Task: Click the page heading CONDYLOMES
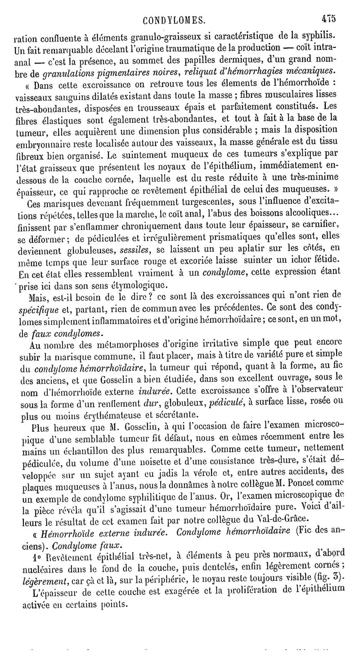pyautogui.click(x=174, y=20)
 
